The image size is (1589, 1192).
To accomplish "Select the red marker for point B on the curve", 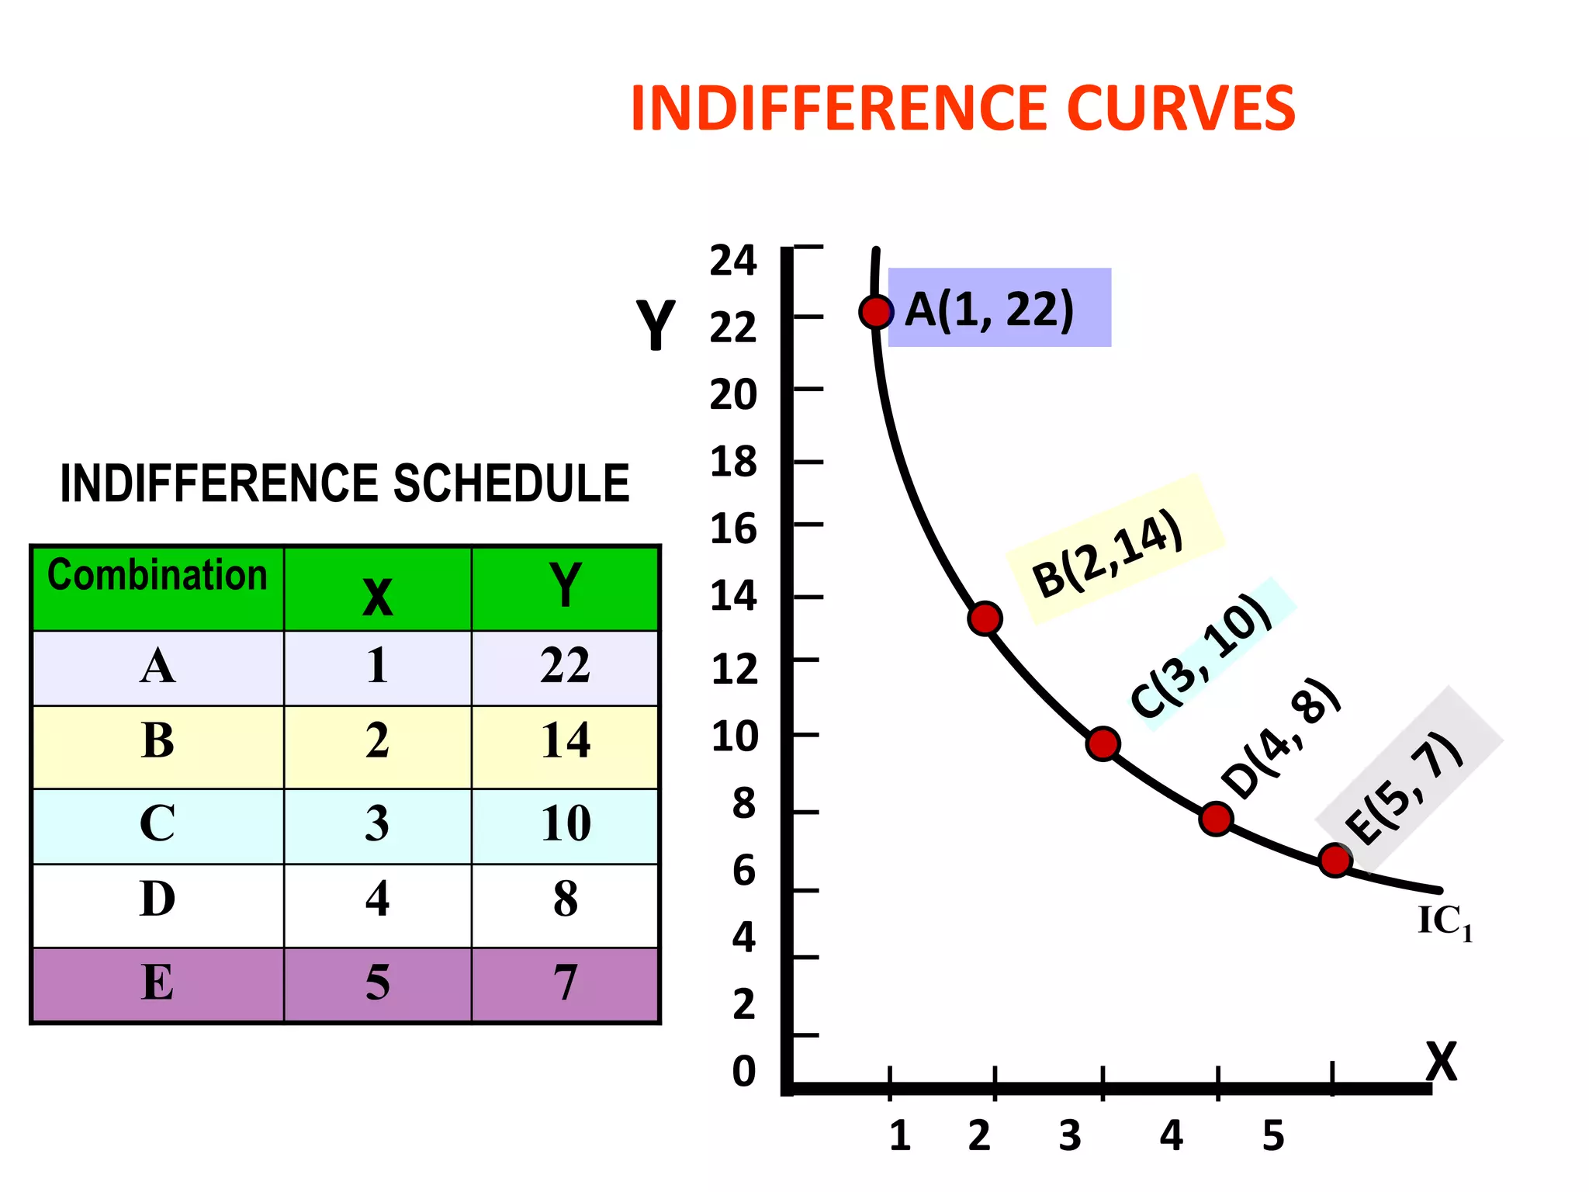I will tap(985, 619).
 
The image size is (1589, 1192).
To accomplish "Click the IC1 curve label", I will tap(1444, 922).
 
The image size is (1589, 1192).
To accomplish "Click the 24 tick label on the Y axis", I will tap(732, 260).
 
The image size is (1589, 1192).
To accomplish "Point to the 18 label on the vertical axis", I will tap(732, 462).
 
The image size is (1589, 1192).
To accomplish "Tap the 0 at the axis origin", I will tap(743, 1071).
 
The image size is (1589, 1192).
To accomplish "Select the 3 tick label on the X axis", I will tap(1070, 1136).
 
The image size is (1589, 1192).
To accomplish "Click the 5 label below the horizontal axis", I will tap(1273, 1136).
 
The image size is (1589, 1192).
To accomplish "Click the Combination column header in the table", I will tap(158, 576).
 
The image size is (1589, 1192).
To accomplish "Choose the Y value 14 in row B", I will tap(565, 740).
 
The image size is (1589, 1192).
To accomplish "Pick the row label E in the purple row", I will tap(158, 982).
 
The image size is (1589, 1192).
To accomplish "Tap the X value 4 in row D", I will tap(377, 899).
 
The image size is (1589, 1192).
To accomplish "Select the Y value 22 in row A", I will tap(565, 665).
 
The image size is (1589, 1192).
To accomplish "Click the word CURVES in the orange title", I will tap(1180, 109).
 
